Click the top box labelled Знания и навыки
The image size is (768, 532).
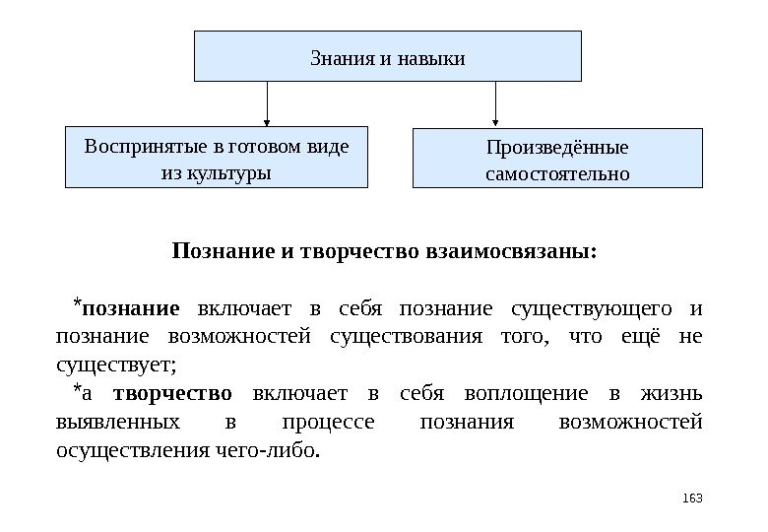tap(387, 56)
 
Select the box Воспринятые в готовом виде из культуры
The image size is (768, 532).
tap(216, 156)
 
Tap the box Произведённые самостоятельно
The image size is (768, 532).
tap(557, 158)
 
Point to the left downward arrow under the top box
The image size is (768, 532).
tap(267, 102)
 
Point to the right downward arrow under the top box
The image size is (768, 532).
tap(494, 104)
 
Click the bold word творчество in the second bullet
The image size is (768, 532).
tap(172, 395)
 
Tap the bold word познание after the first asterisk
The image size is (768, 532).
tap(131, 309)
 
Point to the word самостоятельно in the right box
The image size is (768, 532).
tap(557, 175)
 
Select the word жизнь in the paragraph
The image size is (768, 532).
tap(676, 395)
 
